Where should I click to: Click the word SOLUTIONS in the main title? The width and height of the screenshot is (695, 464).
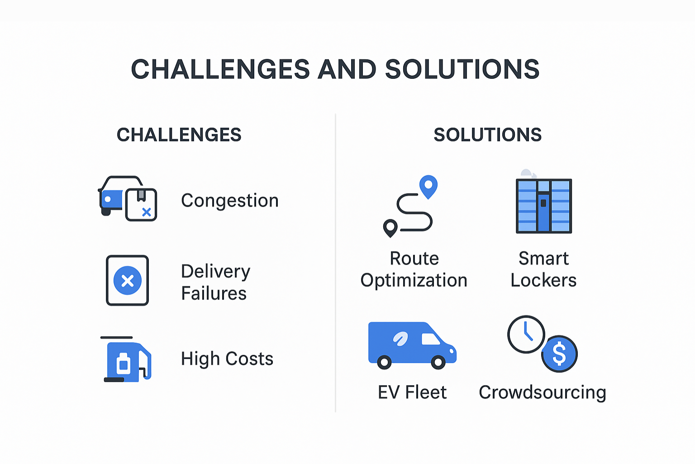pos(462,69)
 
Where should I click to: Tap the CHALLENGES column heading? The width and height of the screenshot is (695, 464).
pos(179,135)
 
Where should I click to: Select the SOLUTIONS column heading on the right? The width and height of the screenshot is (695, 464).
pos(487,135)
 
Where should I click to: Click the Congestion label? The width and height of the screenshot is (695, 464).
pos(229,200)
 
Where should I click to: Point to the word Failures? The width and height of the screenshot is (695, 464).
pos(214,293)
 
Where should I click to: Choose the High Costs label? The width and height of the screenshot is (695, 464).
pos(227,358)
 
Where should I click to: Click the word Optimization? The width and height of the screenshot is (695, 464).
pos(414,280)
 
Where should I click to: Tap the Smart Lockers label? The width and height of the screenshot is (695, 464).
pos(543,269)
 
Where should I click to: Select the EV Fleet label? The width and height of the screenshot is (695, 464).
pos(412,392)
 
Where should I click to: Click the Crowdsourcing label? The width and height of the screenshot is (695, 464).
pos(542,392)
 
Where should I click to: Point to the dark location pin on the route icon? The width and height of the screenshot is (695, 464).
pos(390,227)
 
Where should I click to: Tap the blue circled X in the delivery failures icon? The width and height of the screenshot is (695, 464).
pos(128,280)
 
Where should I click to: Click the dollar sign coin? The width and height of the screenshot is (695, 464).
pos(560,354)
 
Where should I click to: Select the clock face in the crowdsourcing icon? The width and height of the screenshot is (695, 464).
pos(526,334)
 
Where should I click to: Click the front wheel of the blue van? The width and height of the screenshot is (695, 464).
pos(438,362)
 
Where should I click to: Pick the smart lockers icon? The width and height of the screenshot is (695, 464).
pos(544,206)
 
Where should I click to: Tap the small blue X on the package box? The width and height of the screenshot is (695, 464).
pos(147,212)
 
